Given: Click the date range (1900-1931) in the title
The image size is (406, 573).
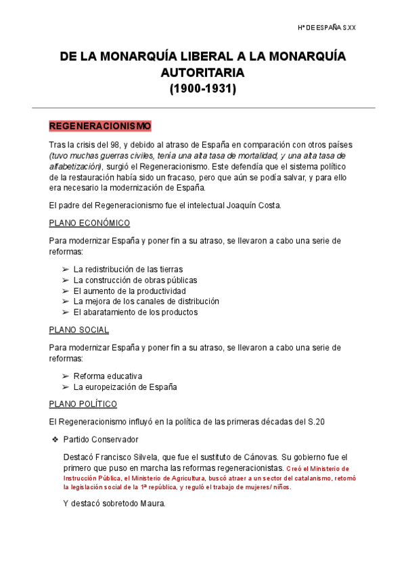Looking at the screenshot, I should coord(202,88).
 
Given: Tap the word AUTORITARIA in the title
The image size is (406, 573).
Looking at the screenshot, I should coord(202,72).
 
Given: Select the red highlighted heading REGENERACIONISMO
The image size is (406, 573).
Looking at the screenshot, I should coord(100,126).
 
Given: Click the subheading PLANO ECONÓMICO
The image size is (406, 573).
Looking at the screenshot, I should coord(89,223).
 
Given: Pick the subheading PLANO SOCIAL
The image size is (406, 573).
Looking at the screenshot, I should coord(79,330).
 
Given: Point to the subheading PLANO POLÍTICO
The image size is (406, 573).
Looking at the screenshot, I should coord(83,404).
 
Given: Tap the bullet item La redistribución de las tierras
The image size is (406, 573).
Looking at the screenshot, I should coord(128,269).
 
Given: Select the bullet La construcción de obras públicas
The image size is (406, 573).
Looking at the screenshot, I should coord(135,280).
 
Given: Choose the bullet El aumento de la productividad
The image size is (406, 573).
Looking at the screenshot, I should coord(129,291).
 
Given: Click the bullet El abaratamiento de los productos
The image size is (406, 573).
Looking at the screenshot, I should coord(135,312).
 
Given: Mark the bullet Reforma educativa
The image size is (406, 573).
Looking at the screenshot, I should coord(108,376).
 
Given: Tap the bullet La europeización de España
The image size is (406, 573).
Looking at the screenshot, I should coord(125,387).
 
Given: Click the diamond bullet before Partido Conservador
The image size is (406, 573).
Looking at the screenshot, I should coord(54,440).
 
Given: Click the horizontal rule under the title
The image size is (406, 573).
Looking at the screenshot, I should coord(203,108).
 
